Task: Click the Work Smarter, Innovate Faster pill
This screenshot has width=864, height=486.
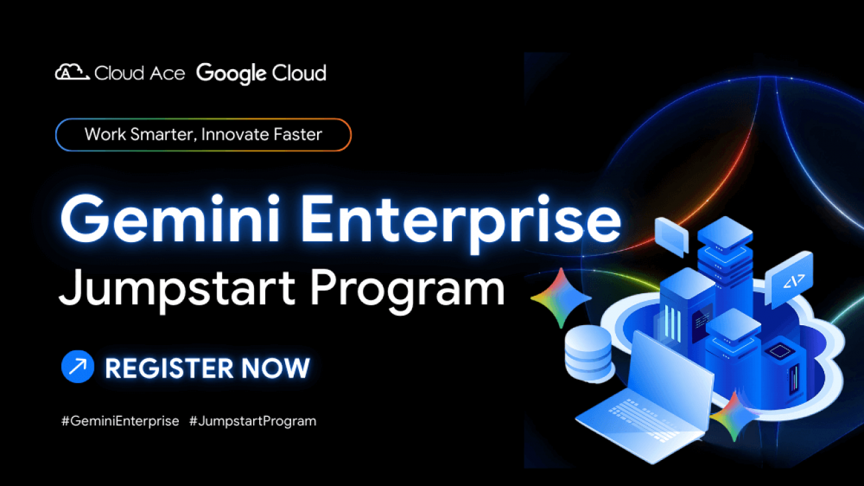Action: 203,134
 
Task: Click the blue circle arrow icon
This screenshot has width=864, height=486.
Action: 77,367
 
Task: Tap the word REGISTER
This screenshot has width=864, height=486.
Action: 169,368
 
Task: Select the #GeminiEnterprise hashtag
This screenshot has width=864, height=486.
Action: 120,421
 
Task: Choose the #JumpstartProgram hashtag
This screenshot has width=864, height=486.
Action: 253,421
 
